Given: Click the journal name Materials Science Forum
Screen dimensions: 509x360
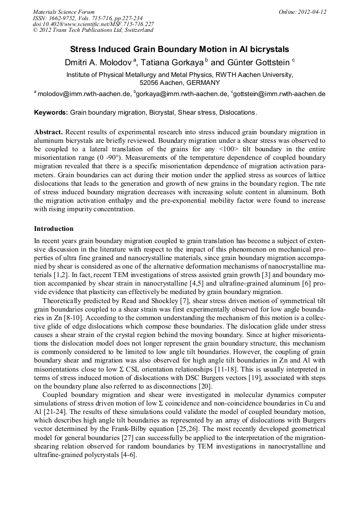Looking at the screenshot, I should pos(64,12).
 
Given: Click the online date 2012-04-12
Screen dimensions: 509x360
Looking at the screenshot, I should pos(313,12).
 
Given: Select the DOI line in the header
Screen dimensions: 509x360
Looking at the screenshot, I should pos(93,24).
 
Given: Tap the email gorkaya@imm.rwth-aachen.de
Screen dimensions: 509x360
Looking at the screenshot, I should pos(182,94).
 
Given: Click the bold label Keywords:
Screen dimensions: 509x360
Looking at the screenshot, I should pos(51,113).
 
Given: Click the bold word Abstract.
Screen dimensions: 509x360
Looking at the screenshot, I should pos(49,131).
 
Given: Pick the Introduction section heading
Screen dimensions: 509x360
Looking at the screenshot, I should pos(54,229).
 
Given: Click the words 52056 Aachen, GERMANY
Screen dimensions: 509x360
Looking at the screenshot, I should pos(179,83).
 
